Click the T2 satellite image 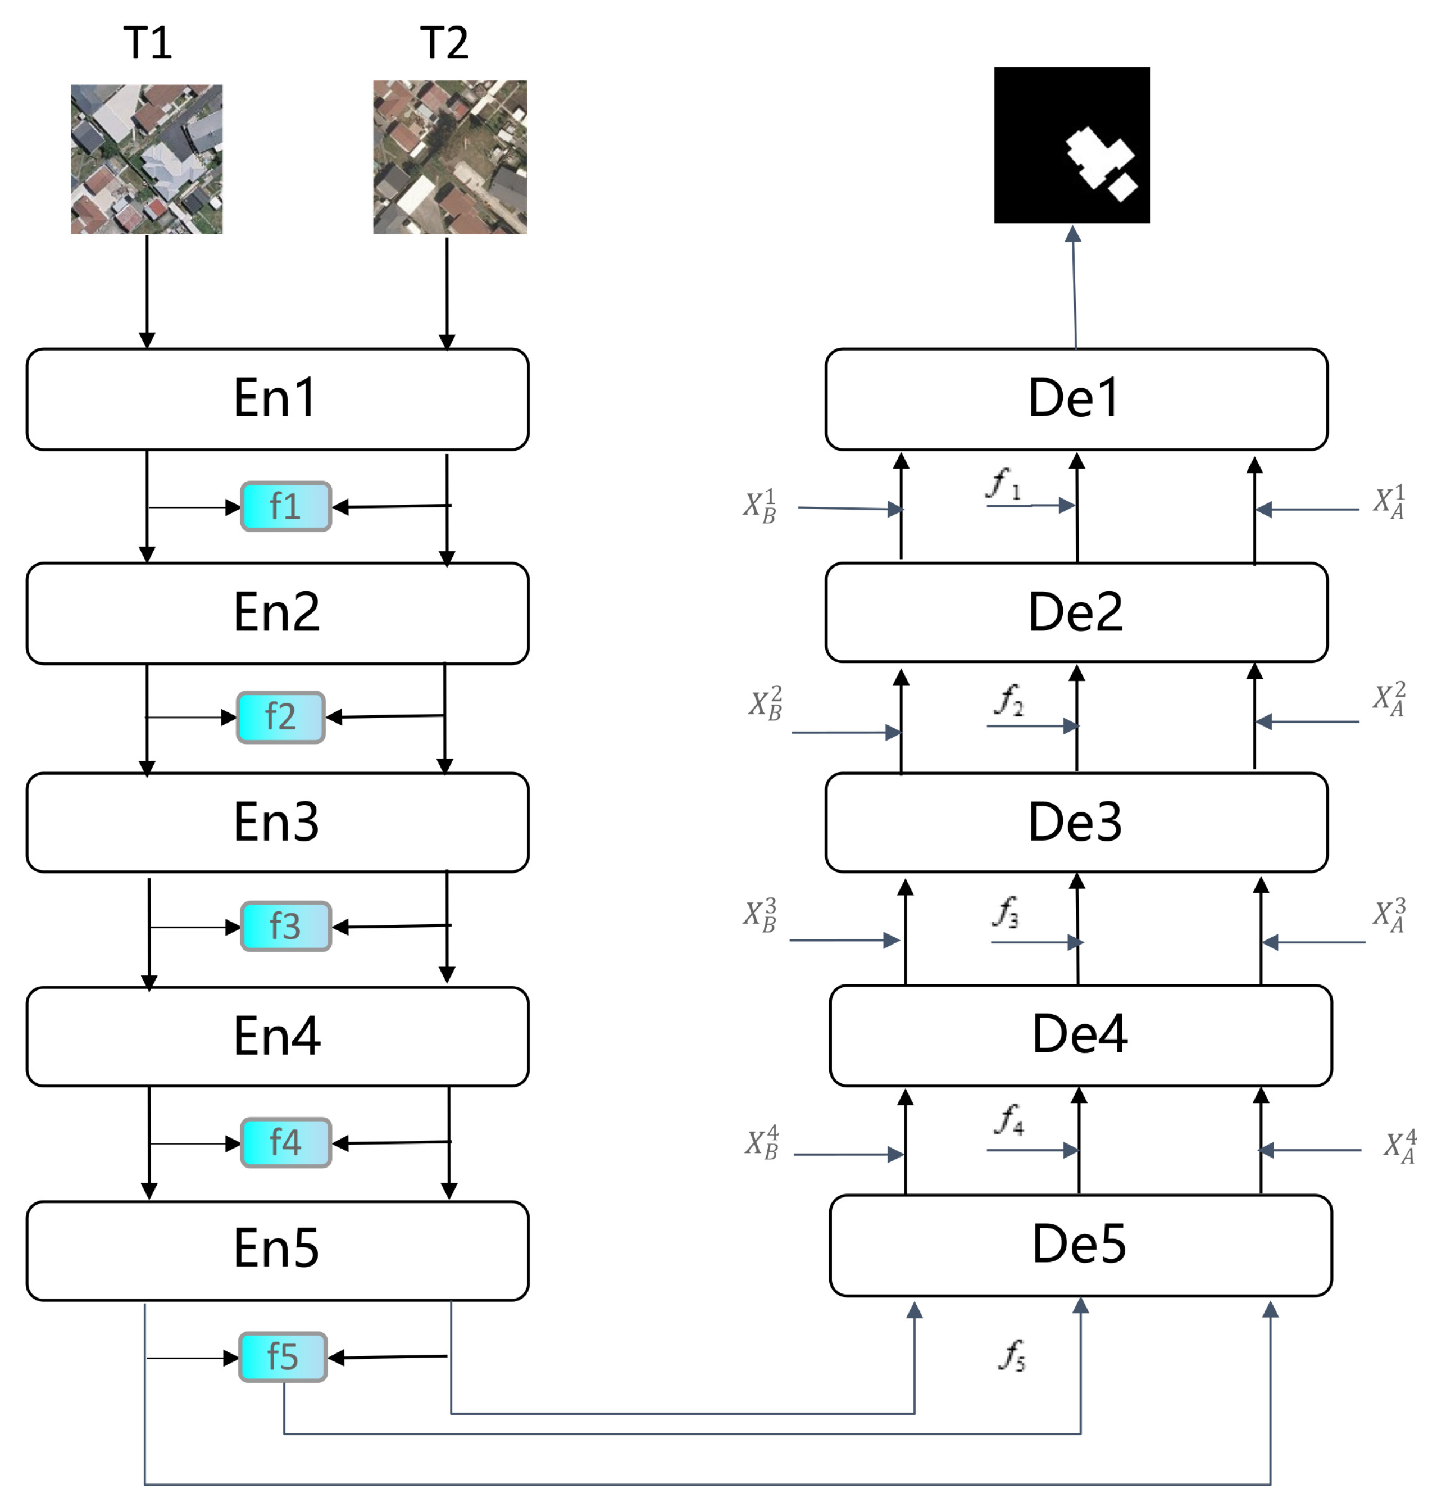(449, 157)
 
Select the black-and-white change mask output (1072, 145)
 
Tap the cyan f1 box (286, 506)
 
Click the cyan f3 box (286, 926)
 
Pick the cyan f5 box (283, 1357)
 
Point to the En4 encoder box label (276, 1036)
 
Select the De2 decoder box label (1075, 612)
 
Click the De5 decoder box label (1079, 1243)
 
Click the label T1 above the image (148, 43)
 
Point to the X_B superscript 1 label (760, 506)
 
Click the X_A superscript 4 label (1399, 1147)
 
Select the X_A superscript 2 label (1388, 700)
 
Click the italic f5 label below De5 (1012, 1355)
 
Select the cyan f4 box (286, 1142)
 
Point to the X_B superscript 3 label (760, 915)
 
